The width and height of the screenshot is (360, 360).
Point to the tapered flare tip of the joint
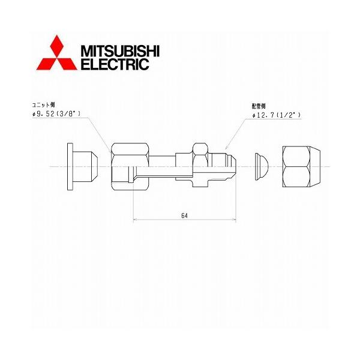point(232,164)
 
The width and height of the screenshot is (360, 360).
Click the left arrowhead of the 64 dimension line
point(134,221)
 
